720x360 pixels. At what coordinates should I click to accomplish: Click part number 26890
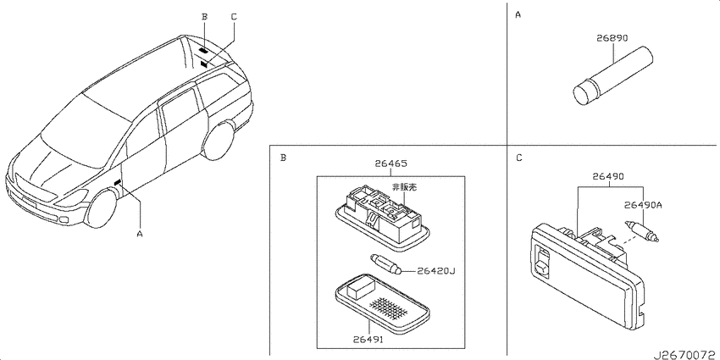(612, 39)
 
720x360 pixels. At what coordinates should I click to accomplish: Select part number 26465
(390, 163)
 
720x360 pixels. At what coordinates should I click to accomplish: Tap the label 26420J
(435, 271)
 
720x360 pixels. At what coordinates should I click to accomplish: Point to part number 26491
(368, 341)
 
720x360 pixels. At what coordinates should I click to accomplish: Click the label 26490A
(643, 205)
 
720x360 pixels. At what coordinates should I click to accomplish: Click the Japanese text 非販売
(405, 187)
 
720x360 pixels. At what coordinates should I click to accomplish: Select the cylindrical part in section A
(613, 77)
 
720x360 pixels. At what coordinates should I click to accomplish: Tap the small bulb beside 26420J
(386, 264)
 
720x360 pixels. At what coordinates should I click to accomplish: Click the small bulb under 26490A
(641, 231)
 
